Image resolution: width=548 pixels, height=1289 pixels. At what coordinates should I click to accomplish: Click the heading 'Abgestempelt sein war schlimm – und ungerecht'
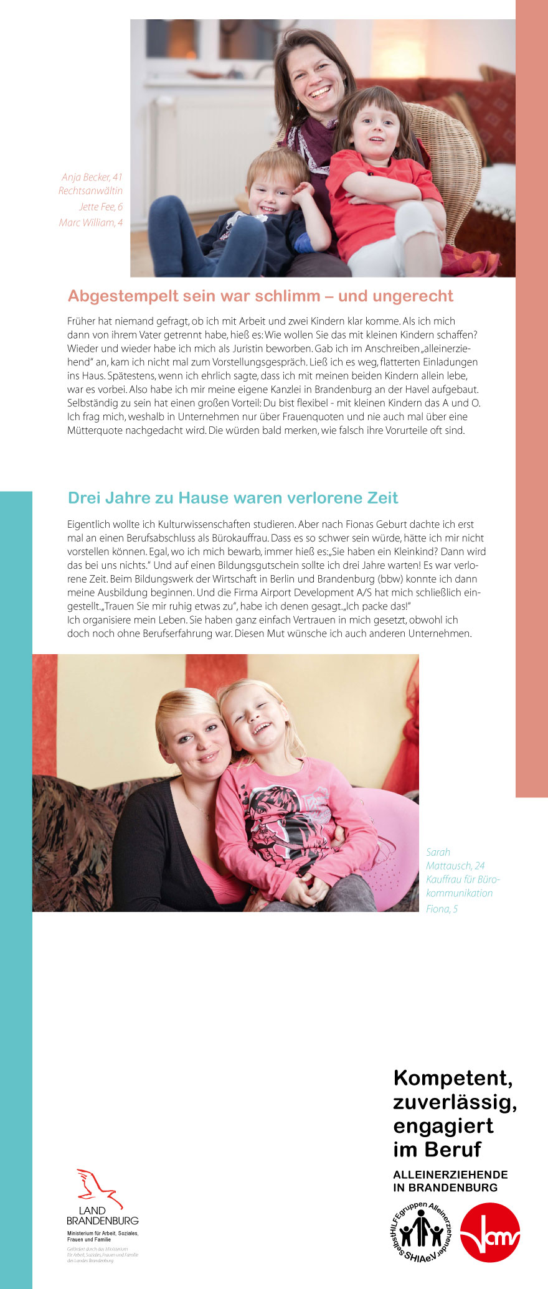260,296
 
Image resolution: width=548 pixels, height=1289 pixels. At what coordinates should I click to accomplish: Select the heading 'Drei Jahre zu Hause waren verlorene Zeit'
233,498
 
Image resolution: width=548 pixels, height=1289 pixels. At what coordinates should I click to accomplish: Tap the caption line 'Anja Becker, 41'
92,177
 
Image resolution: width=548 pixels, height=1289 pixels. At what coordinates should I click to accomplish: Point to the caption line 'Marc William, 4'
91,222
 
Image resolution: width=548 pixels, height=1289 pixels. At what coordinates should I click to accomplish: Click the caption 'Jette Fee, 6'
101,207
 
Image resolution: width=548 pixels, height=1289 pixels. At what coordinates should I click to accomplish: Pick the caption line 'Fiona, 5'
442,909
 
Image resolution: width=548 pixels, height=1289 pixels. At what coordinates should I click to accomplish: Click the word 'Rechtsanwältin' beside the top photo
90,191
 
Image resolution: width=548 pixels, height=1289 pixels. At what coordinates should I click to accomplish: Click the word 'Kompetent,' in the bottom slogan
453,1077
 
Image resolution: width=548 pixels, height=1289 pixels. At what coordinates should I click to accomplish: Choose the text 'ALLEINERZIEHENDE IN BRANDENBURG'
450,1181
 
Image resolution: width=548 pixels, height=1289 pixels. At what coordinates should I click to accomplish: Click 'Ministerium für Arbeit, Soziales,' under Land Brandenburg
103,1233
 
